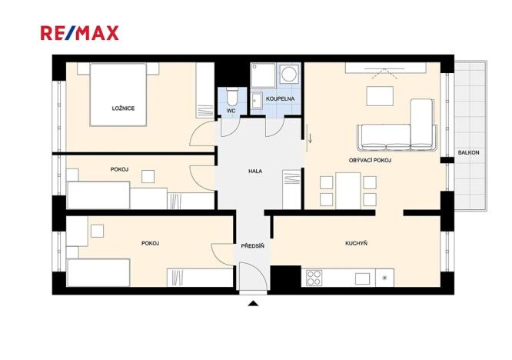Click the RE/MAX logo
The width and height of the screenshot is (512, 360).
80,32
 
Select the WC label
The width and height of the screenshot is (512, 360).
230,111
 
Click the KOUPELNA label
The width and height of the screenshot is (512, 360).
278,99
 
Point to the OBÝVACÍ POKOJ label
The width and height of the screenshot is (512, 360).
371,160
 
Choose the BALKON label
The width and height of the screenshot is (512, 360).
468,152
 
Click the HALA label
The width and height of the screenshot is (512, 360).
255,172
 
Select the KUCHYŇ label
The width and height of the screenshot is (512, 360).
356,243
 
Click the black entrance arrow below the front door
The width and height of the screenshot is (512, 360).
253,304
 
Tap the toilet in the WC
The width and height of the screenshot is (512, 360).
232,97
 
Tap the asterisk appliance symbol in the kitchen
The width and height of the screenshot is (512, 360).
384,278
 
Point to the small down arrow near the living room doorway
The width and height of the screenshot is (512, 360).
311,139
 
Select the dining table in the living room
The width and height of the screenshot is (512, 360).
348,188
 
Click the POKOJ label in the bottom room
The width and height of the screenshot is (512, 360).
150,243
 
